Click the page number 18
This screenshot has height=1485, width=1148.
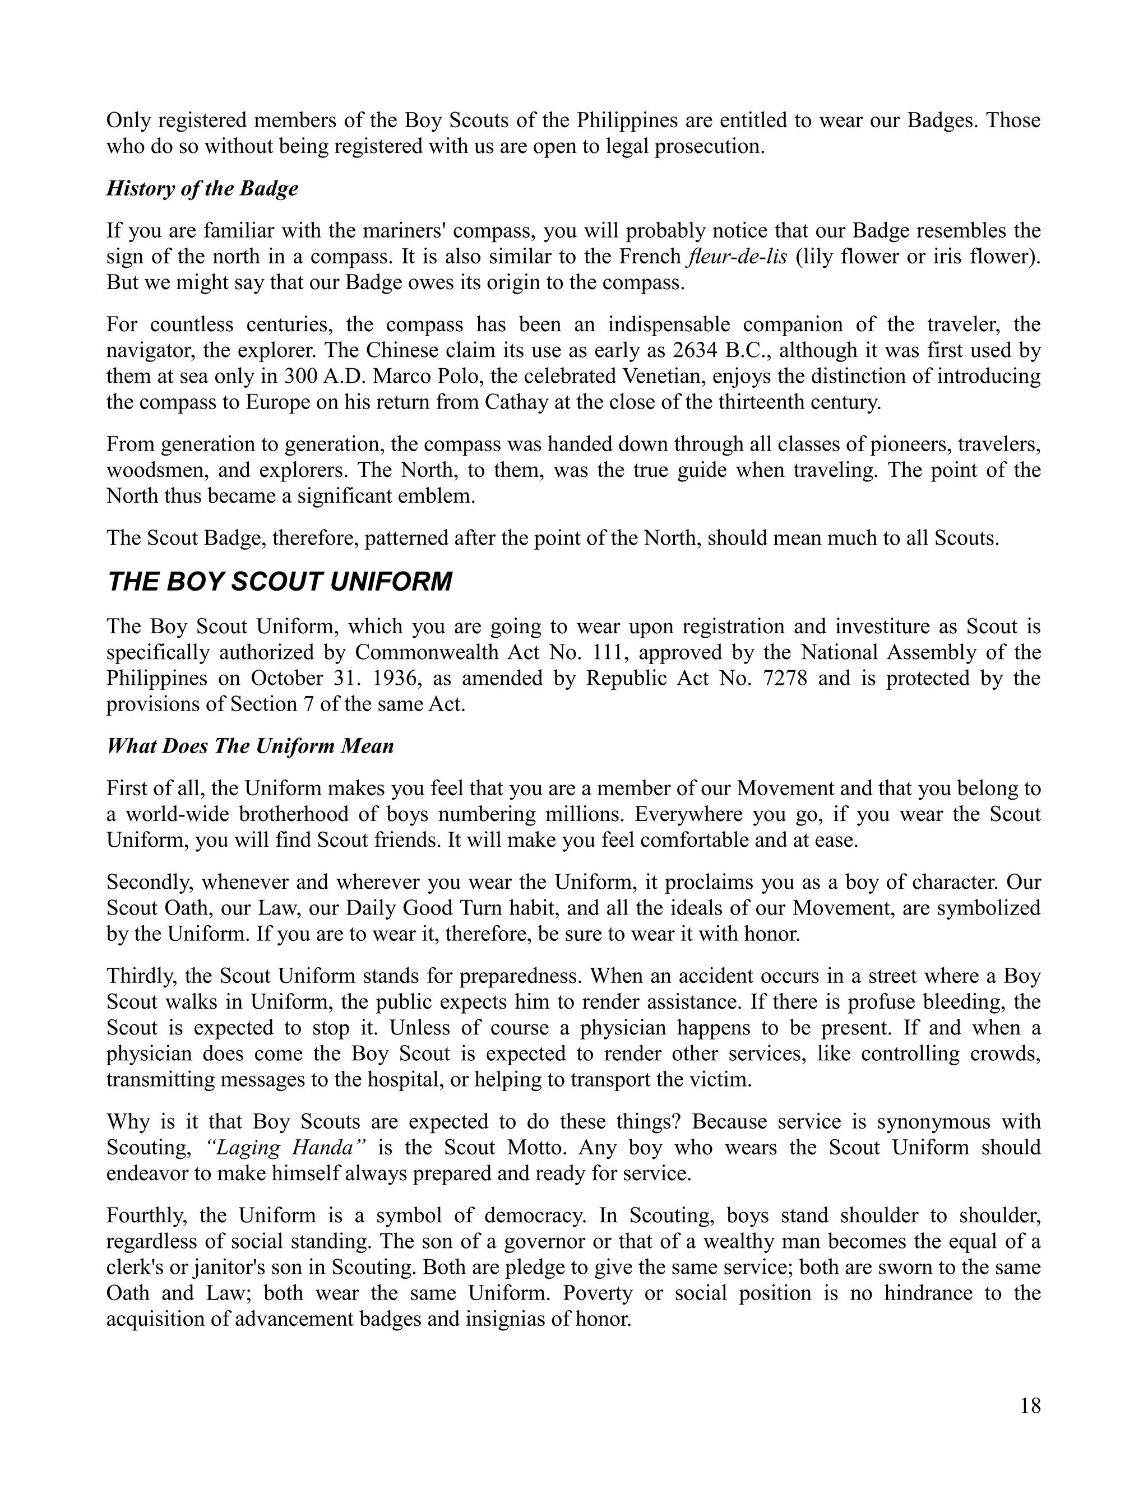1030,1405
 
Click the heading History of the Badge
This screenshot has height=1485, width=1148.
202,188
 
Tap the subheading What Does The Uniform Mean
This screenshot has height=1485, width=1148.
250,746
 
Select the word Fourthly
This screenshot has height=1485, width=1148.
143,1216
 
